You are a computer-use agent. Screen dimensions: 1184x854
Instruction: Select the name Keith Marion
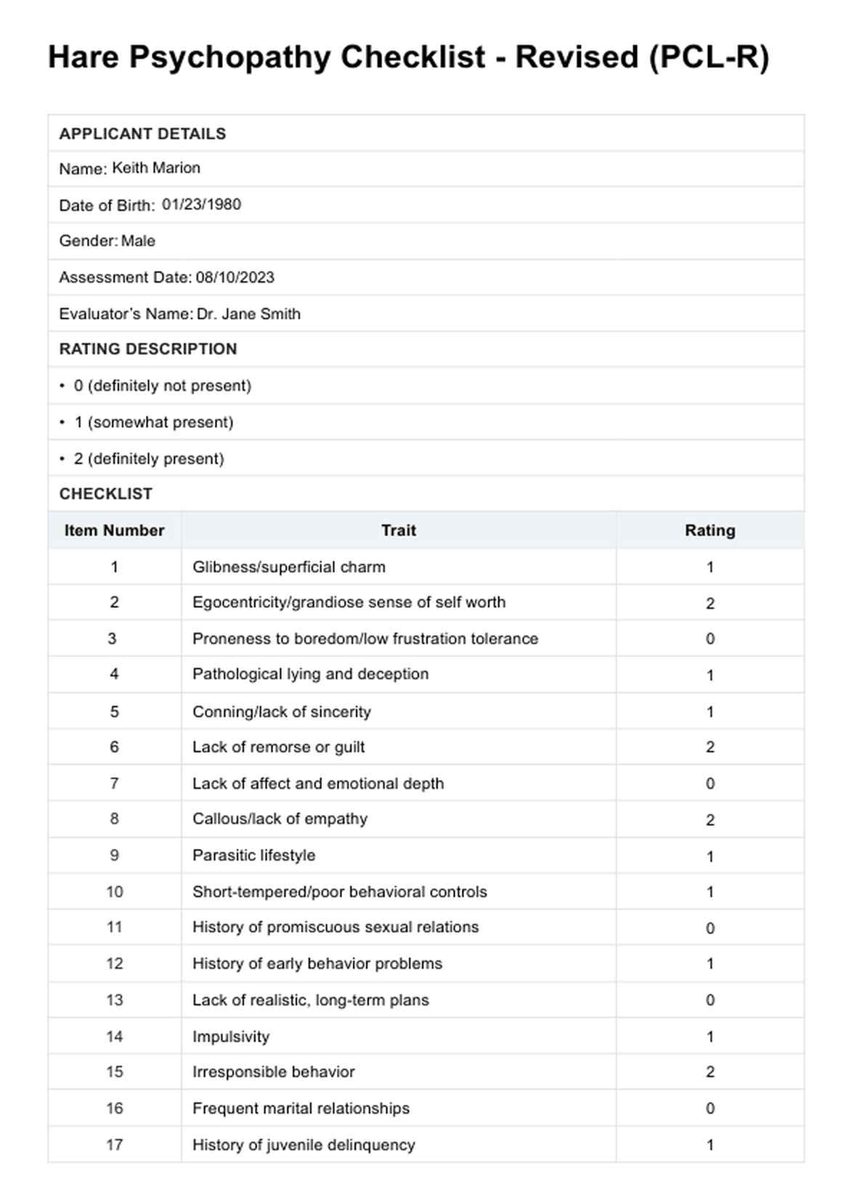156,168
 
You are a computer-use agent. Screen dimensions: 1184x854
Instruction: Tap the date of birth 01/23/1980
201,204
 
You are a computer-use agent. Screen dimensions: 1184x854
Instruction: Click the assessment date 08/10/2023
235,277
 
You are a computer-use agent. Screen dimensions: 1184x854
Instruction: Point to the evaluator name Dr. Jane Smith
248,314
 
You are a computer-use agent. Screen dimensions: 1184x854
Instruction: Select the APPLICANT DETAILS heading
142,134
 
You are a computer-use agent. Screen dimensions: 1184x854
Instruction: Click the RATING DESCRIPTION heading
148,349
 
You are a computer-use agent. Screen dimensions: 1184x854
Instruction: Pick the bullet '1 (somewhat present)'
153,422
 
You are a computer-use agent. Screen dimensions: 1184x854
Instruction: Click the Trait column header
399,530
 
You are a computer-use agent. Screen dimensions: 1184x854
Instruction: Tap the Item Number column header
114,530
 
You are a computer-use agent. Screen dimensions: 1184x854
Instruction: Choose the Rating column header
709,530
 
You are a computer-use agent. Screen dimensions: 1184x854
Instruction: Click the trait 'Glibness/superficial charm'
288,567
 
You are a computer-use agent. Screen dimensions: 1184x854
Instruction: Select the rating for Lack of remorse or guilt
709,747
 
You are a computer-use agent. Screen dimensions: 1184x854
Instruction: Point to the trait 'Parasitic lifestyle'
253,855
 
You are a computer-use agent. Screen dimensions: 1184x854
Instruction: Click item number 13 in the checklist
114,999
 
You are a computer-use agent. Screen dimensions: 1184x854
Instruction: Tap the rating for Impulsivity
709,1037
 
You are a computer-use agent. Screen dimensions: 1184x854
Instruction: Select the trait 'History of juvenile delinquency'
304,1145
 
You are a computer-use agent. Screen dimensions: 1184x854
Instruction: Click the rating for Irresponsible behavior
709,1071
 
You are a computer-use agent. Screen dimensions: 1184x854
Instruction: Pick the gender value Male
138,240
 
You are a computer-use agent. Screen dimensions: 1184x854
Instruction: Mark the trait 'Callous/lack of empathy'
280,819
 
